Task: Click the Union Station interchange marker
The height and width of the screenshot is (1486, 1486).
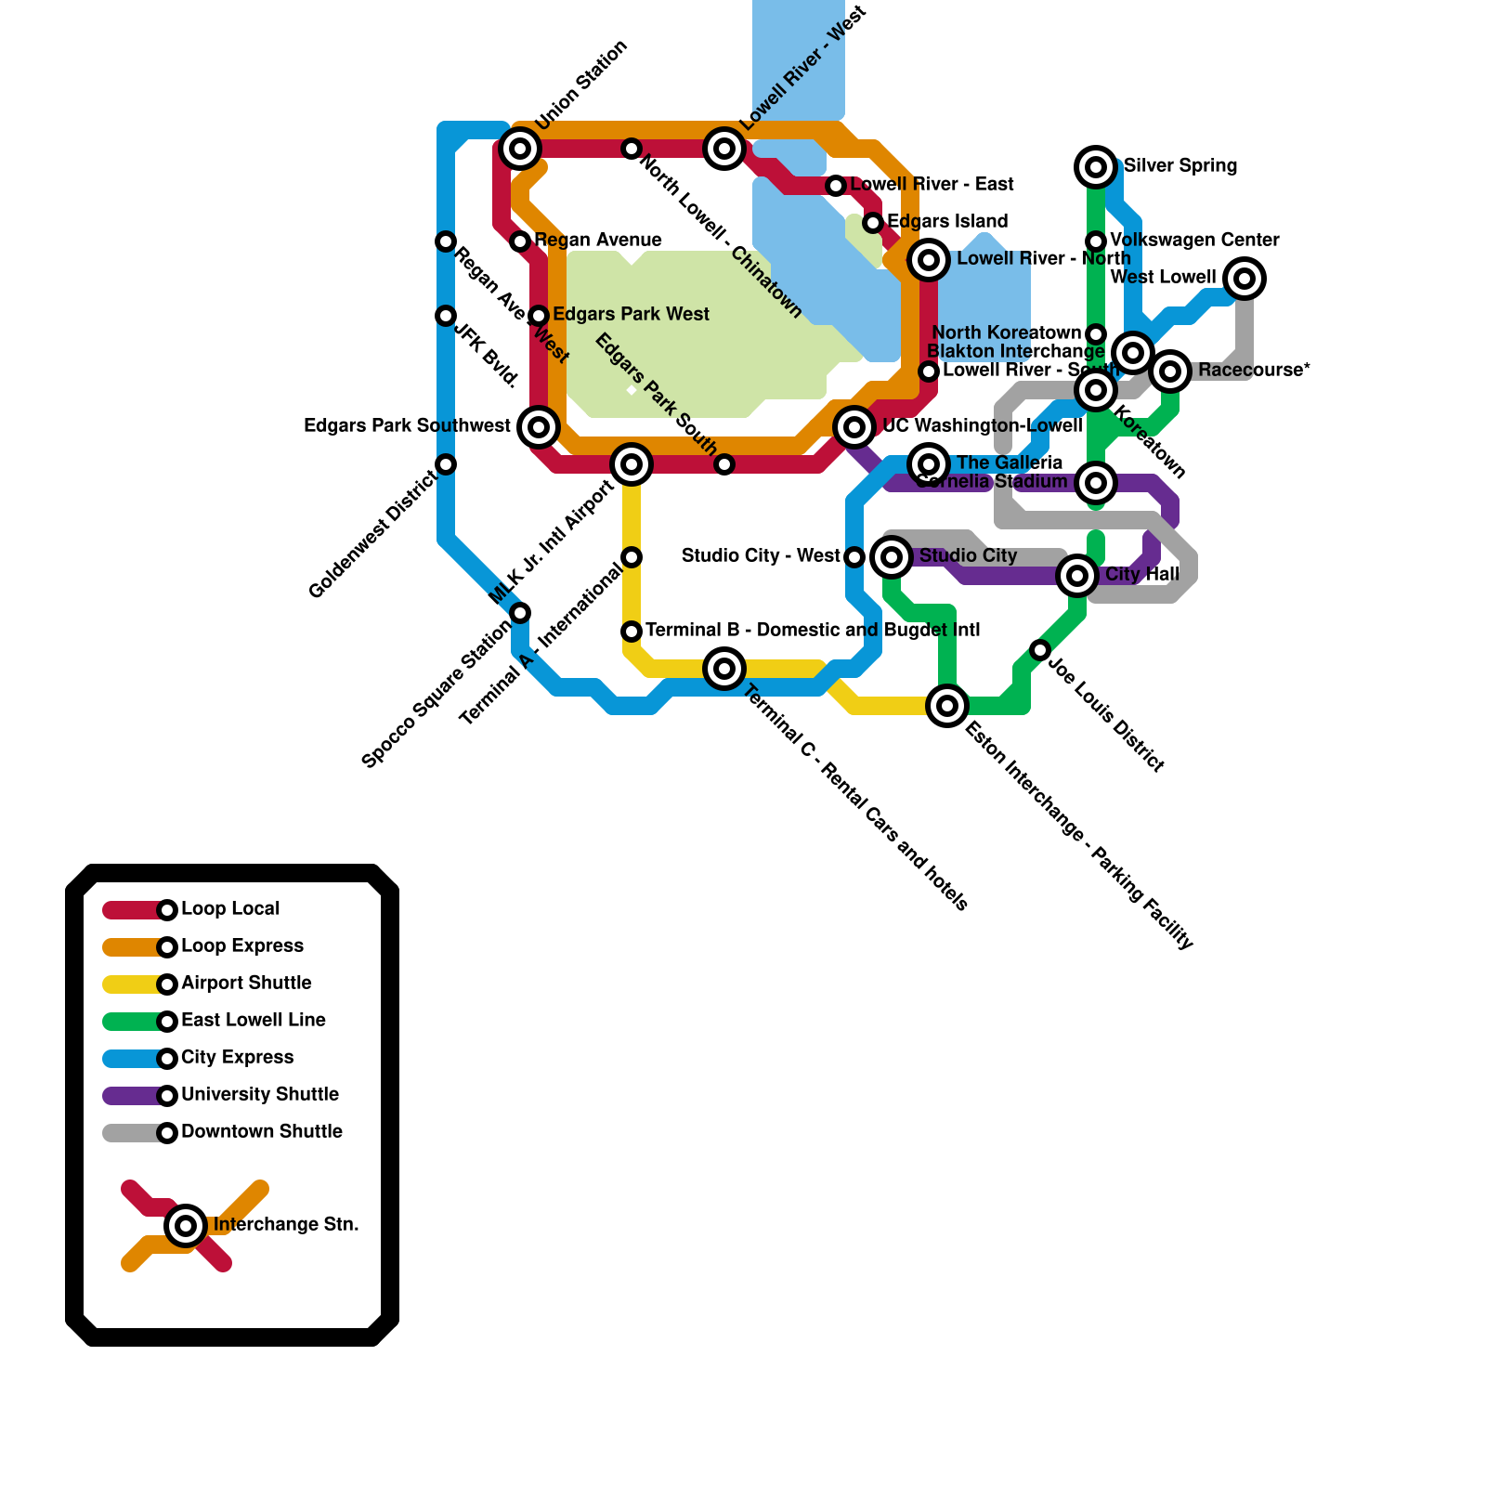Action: (x=520, y=149)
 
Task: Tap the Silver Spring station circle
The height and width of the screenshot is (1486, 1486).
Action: (x=1096, y=167)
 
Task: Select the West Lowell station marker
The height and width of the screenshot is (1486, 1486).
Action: (x=1245, y=279)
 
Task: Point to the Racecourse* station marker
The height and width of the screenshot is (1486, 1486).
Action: (x=1170, y=371)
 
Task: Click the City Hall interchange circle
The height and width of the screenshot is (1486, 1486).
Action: (x=1077, y=576)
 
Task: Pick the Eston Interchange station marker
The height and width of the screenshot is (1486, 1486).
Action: (x=947, y=706)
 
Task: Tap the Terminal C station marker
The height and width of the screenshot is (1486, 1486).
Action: (x=724, y=669)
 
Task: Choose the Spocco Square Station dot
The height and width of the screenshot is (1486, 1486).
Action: (x=520, y=613)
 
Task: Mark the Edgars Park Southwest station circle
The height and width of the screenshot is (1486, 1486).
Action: (x=539, y=427)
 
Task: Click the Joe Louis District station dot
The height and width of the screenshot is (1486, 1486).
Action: (x=1040, y=650)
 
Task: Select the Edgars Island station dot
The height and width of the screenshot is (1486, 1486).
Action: (x=873, y=223)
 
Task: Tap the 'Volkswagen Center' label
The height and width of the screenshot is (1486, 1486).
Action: (x=1194, y=241)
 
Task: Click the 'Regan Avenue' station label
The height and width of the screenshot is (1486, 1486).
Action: (x=598, y=241)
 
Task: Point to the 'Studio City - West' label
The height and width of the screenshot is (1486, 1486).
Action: (x=761, y=556)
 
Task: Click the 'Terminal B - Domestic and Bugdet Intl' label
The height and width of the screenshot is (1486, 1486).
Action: (x=813, y=631)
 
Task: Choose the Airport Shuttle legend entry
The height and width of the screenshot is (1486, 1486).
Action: (x=246, y=984)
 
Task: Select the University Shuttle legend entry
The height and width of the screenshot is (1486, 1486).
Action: (x=259, y=1095)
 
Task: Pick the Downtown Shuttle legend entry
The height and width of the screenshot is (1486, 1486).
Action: (x=261, y=1132)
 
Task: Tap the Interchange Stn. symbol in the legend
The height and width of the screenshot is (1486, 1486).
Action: (x=186, y=1226)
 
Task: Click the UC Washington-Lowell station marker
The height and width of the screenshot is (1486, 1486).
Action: (x=854, y=427)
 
